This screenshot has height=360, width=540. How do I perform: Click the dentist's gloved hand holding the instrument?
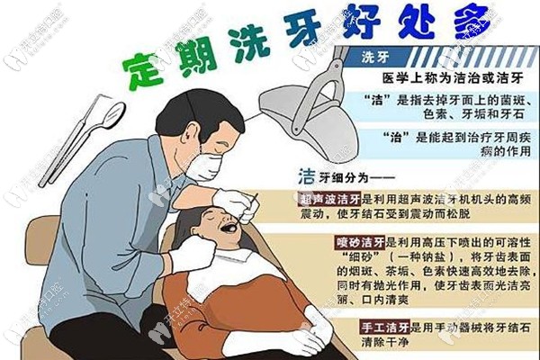coord(236,202)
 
